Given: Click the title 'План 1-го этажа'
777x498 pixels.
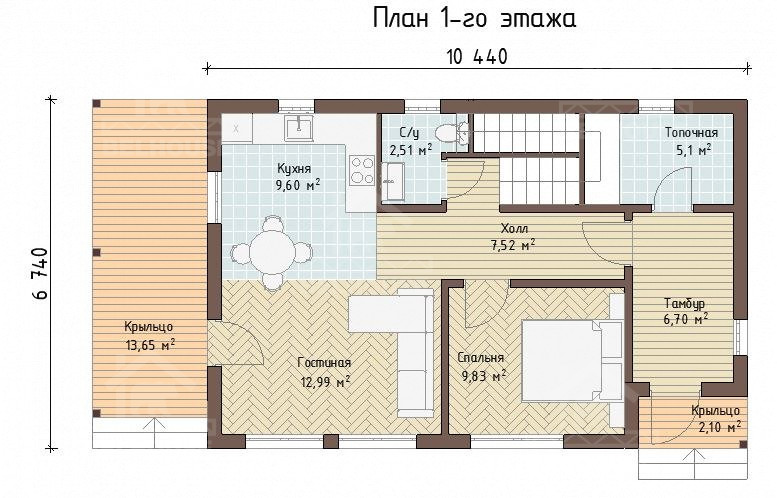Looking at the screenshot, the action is coord(474,19).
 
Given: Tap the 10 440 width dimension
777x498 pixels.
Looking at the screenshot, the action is coord(477,57).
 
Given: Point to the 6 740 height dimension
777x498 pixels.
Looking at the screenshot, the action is coord(41,274).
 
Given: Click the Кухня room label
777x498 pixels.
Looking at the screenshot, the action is coord(294,169).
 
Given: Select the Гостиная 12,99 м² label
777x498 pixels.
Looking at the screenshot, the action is coord(325,372).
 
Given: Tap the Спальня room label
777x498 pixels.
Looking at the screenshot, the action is coord(481,358).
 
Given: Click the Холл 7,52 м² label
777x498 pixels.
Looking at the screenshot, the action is coord(513,236).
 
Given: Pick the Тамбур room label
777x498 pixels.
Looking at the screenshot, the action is coord(685,303).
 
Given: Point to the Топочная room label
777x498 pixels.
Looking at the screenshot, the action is coord(691,133).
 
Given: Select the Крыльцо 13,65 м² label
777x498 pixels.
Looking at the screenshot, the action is coord(149,336).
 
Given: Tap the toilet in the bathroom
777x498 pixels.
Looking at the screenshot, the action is coord(447,132).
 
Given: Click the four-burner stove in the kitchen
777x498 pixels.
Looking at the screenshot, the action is coord(362,170).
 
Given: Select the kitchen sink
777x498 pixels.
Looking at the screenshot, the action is coord(298,127).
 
